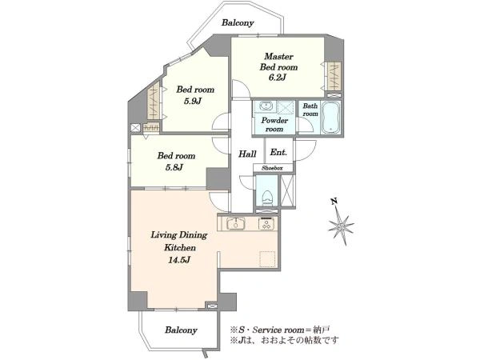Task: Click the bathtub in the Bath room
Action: [331, 118]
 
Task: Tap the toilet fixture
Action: [267, 198]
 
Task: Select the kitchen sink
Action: [235, 223]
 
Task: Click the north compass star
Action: [341, 226]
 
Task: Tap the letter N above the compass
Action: [334, 201]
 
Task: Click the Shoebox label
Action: [273, 168]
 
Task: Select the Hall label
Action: [247, 154]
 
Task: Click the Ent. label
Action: [278, 152]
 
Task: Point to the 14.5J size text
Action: [179, 260]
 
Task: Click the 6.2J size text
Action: [278, 78]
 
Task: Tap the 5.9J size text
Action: [193, 102]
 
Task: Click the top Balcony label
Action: [238, 23]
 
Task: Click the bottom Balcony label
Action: [181, 330]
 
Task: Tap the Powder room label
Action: [274, 125]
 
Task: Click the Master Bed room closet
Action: [334, 74]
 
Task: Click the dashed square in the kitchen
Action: [268, 259]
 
